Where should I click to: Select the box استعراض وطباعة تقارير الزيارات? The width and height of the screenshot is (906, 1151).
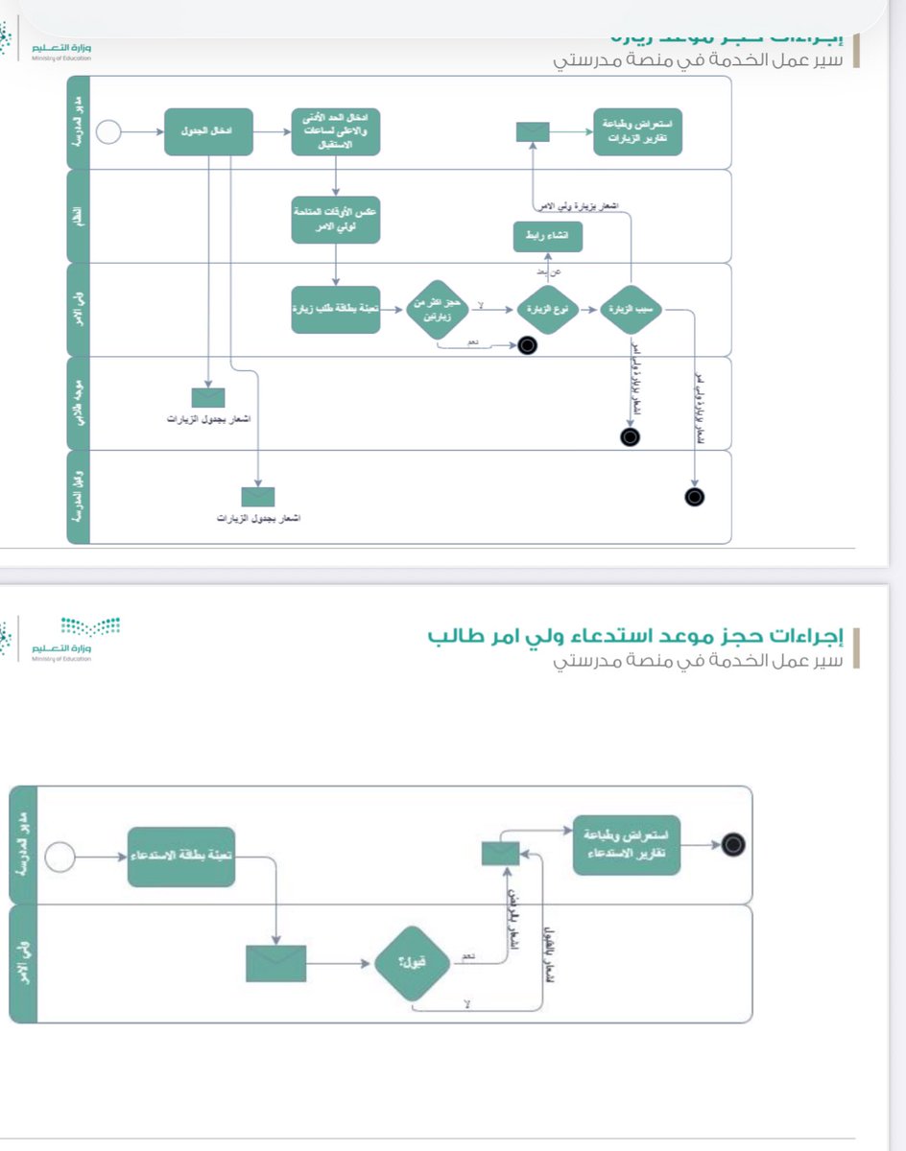click(x=637, y=131)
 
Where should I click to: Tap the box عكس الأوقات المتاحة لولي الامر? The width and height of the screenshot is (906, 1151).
click(x=336, y=220)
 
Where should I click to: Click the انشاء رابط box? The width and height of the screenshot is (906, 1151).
click(x=547, y=236)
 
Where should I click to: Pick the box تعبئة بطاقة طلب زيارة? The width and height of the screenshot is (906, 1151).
click(x=336, y=309)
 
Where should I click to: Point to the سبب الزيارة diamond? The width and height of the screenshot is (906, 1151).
click(x=632, y=310)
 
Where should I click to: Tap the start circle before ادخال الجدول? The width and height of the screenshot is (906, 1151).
click(x=108, y=131)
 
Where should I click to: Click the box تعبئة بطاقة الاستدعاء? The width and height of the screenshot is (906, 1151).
click(x=180, y=856)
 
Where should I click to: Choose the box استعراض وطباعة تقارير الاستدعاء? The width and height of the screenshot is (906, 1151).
click(x=626, y=845)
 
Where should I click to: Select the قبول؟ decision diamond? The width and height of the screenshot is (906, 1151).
click(x=412, y=962)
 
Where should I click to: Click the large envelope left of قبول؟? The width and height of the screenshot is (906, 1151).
click(x=275, y=963)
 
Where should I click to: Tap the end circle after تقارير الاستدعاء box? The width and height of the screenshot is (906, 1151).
click(x=735, y=845)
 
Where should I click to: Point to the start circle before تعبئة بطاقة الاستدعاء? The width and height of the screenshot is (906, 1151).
click(x=60, y=856)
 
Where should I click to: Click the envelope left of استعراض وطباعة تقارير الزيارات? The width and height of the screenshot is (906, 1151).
click(x=533, y=131)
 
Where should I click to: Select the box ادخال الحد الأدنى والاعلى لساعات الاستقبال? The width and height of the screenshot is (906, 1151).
click(x=336, y=131)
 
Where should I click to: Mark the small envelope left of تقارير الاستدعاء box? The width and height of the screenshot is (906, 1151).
click(x=500, y=853)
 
